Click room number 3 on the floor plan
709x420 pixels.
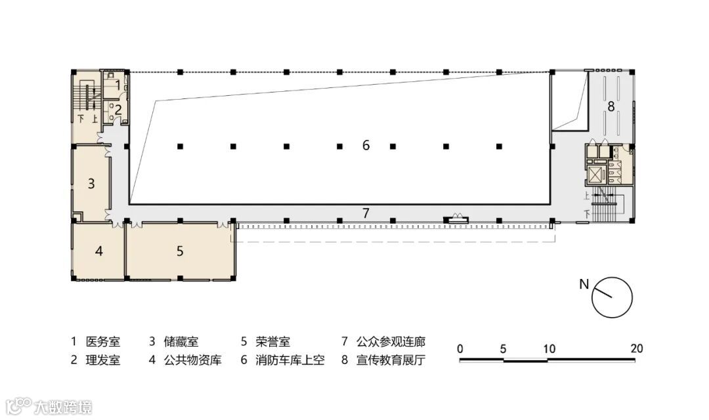(x=92, y=183)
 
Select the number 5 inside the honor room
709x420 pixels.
(x=179, y=251)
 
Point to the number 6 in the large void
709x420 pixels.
(x=366, y=146)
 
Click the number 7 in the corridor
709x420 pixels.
(x=366, y=212)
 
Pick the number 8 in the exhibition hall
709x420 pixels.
(x=611, y=106)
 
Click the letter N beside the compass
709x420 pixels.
(x=584, y=284)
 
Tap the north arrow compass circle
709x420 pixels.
(x=612, y=297)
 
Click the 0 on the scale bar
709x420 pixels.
(x=460, y=348)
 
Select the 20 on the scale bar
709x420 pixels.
(x=636, y=348)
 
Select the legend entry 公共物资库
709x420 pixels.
(x=193, y=360)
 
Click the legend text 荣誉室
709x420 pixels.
(x=274, y=342)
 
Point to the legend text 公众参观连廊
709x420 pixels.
(x=391, y=342)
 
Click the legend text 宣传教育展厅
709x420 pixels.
(x=391, y=360)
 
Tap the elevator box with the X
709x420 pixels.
(x=596, y=175)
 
